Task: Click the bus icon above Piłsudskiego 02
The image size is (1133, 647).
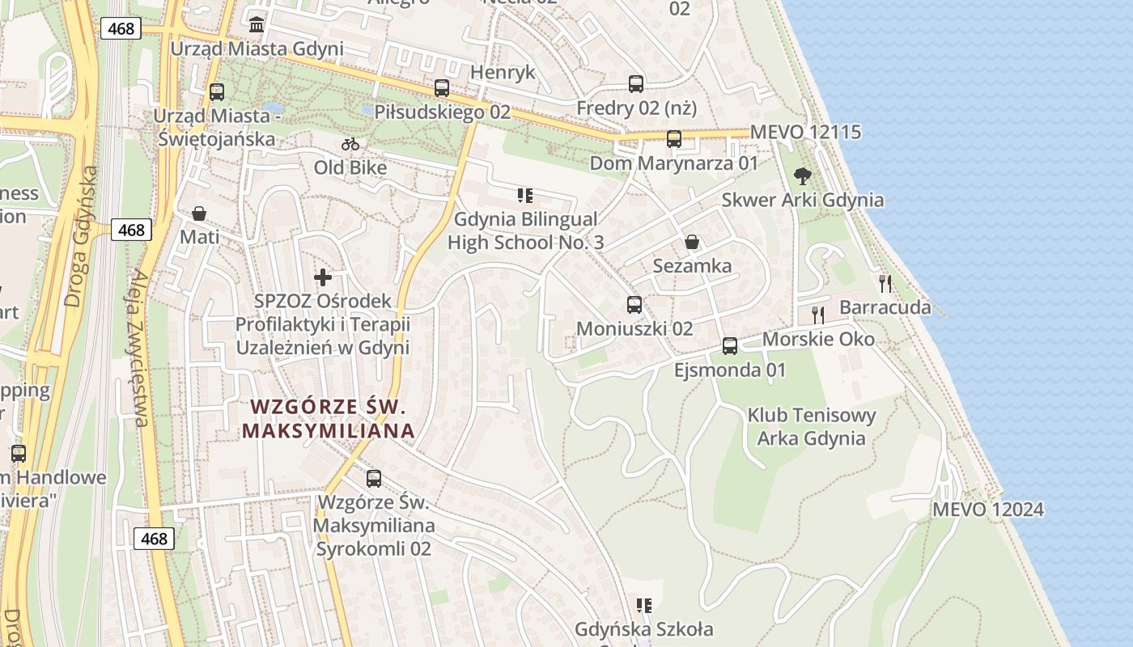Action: [441, 88]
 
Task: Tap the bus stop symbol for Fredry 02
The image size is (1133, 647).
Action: [636, 83]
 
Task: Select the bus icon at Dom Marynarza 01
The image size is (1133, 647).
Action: [674, 139]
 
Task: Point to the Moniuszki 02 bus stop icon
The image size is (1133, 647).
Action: [634, 305]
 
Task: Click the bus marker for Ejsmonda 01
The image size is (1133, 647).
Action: [730, 346]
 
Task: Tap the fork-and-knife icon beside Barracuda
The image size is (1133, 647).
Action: [885, 283]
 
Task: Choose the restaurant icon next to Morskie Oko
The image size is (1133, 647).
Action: [818, 315]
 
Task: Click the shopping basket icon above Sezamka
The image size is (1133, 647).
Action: [692, 242]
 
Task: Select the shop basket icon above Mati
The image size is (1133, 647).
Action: [199, 214]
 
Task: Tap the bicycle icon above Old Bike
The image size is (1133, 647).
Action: [350, 145]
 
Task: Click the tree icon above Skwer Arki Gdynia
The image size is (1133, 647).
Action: [802, 175]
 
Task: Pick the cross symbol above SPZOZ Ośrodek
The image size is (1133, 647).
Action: [323, 277]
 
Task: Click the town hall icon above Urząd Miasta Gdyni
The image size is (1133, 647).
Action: [257, 25]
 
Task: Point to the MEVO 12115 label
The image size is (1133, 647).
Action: [805, 132]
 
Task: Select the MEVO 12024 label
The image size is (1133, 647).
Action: [987, 510]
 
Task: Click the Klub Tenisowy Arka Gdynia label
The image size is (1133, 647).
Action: [811, 427]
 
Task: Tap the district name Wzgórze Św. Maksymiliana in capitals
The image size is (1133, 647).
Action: [328, 418]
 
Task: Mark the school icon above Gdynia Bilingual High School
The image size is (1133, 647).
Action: [525, 195]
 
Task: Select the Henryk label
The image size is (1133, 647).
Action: [503, 72]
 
